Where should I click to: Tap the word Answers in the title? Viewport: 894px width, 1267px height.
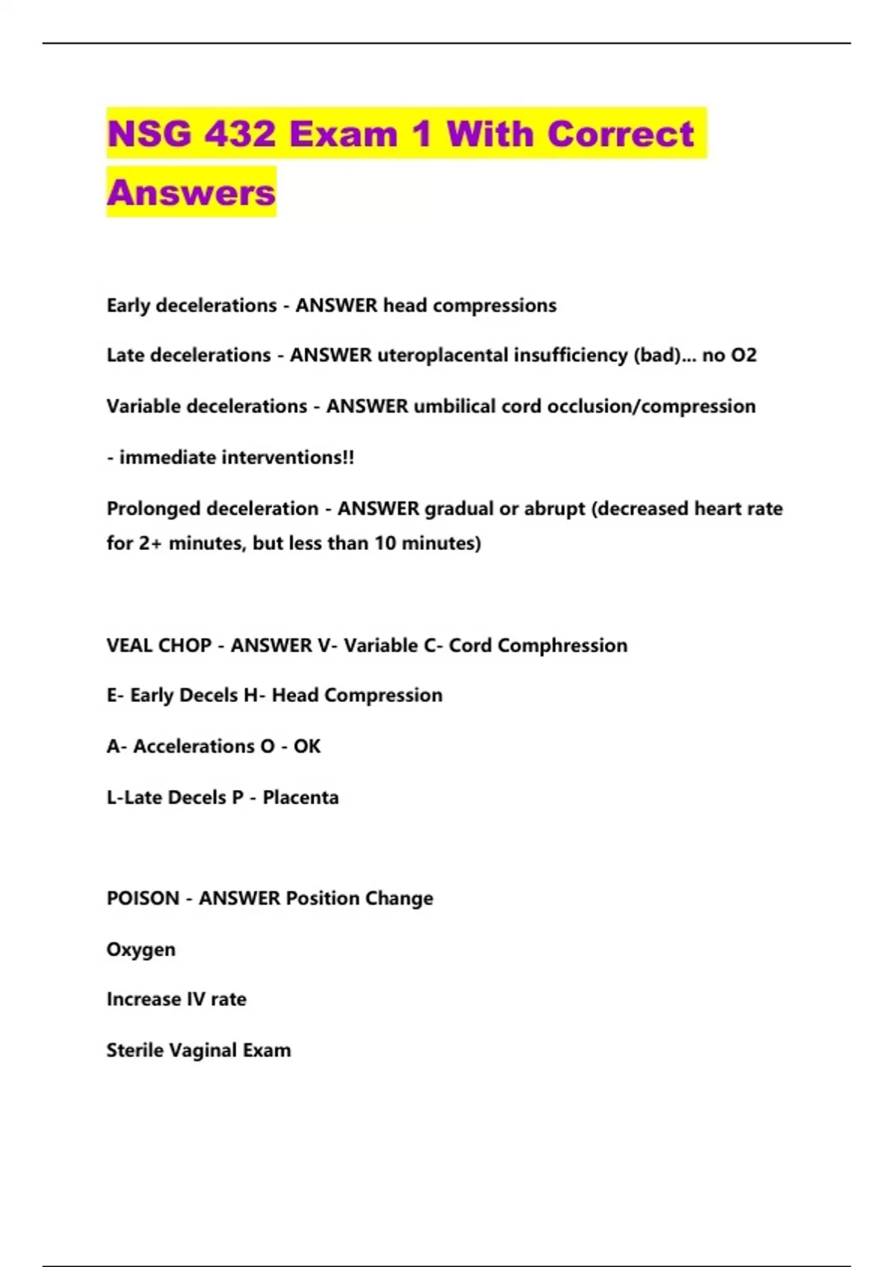click(191, 192)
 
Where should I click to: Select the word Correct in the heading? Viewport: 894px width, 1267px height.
click(621, 134)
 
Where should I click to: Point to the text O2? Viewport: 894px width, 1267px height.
click(744, 356)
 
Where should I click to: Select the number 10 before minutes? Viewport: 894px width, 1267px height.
click(385, 543)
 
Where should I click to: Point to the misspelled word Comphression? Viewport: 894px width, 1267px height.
click(562, 645)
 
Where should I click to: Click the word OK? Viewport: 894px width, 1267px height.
click(307, 746)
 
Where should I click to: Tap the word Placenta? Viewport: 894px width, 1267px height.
click(301, 797)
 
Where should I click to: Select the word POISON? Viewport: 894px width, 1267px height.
click(143, 898)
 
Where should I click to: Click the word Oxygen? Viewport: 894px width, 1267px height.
click(141, 950)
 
